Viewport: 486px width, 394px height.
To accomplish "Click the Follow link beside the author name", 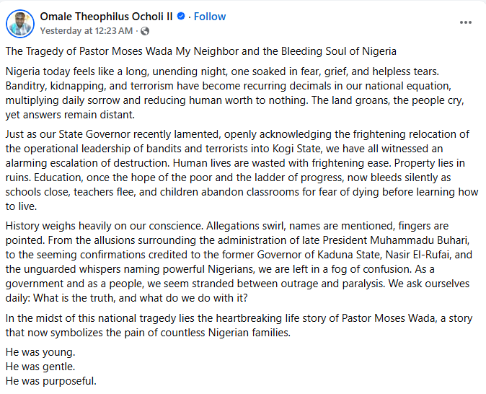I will (210, 17).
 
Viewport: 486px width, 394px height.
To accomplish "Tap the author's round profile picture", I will (20, 23).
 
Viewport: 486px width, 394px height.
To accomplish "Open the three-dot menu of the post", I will (466, 22).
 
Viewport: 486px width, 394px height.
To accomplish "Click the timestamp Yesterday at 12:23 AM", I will (86, 31).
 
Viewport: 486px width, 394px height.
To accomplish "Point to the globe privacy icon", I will (145, 31).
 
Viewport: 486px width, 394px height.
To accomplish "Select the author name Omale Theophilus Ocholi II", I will (106, 17).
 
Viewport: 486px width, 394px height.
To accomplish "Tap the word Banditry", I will (27, 87).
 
